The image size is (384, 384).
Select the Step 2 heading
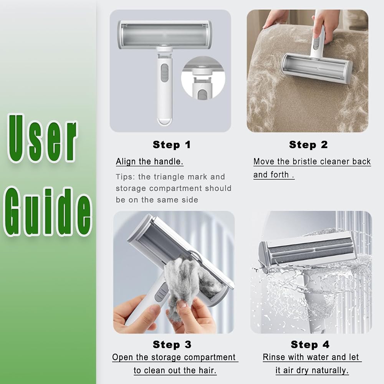pos(308,145)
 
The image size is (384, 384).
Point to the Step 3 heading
pos(172,344)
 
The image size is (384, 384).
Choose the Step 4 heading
pos(310,344)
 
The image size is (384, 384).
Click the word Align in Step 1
pos(126,162)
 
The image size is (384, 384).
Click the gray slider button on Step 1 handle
pos(165,73)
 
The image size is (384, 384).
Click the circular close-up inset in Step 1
pos(203,78)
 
